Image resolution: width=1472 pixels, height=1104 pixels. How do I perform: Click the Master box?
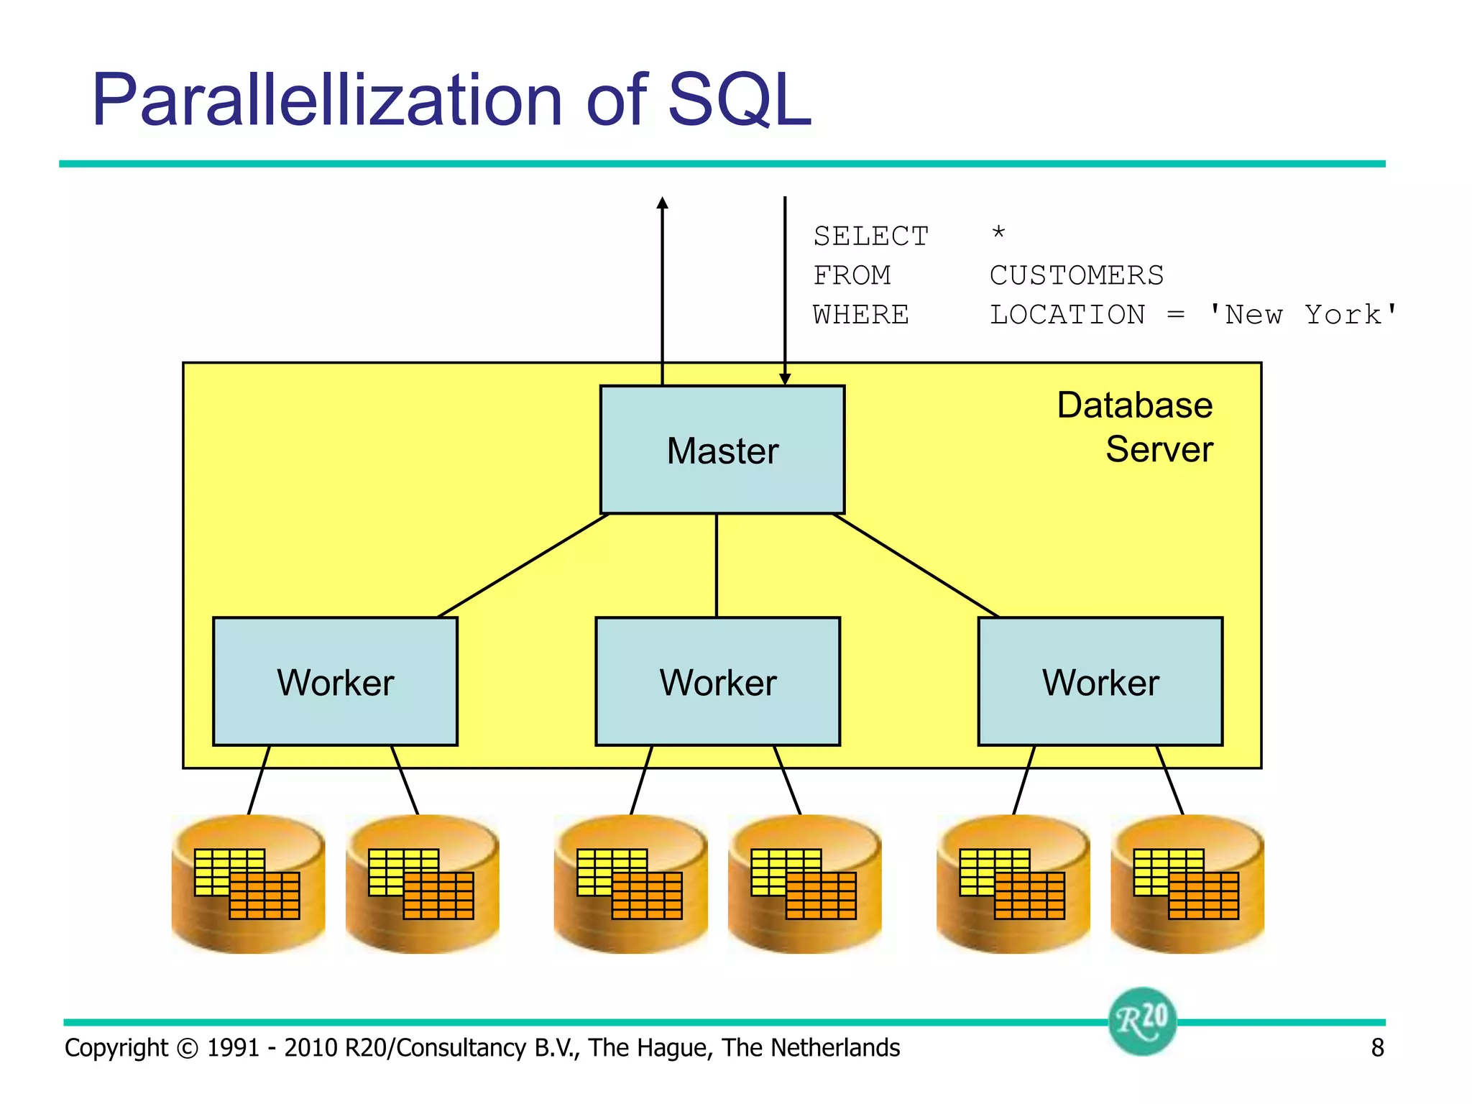pyautogui.click(x=722, y=450)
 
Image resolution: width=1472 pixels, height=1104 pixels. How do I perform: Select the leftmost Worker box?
pyautogui.click(x=335, y=681)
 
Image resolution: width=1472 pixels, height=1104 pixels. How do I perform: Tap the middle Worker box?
pyautogui.click(x=717, y=681)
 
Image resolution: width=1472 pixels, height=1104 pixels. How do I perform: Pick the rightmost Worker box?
pyautogui.click(x=1100, y=681)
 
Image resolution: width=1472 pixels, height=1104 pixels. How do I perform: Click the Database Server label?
pyautogui.click(x=1136, y=427)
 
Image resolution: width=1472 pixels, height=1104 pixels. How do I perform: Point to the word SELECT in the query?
pyautogui.click(x=870, y=236)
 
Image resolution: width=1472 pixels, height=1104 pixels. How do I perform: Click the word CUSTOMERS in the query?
pyautogui.click(x=1076, y=276)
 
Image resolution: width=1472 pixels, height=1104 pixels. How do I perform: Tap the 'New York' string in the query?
pyautogui.click(x=1302, y=316)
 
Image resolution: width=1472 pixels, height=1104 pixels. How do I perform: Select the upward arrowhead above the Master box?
pyautogui.click(x=663, y=203)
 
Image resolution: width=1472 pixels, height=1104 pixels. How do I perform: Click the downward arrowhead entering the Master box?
pyautogui.click(x=785, y=379)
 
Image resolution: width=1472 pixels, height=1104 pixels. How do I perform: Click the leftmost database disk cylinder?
pyautogui.click(x=248, y=884)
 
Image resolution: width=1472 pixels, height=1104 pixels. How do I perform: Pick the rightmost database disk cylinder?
pyautogui.click(x=1187, y=884)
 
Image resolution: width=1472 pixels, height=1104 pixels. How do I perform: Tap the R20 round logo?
pyautogui.click(x=1142, y=1021)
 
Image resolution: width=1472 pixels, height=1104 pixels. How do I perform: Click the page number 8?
pyautogui.click(x=1377, y=1048)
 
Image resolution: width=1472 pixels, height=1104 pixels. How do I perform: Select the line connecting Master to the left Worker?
pyautogui.click(x=523, y=565)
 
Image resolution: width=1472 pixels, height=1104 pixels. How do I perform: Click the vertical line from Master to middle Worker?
pyautogui.click(x=717, y=565)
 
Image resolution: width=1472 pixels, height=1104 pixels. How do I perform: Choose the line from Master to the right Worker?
pyautogui.click(x=916, y=565)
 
